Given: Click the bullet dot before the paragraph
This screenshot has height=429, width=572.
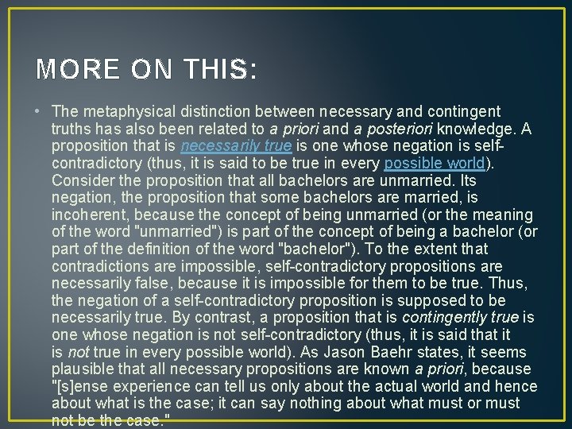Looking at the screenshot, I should (x=40, y=110).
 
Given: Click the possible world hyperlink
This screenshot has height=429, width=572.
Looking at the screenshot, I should (x=435, y=163).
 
